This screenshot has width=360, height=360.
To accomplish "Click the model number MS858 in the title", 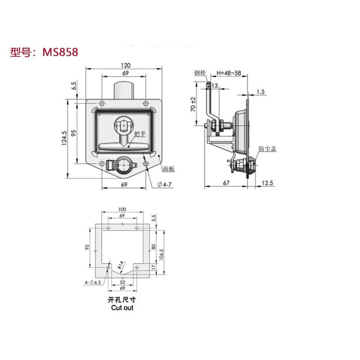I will pos(60,52).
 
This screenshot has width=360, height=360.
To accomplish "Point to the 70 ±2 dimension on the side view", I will pos(193,104).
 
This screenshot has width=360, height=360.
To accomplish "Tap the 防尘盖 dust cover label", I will pos(267,148).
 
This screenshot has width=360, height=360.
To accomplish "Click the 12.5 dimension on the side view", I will pos(267,183).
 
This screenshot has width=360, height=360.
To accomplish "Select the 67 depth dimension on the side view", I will pos(226,183).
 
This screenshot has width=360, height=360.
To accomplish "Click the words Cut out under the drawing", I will pos(122,308).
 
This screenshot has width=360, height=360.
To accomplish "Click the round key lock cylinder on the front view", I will pos(121,165).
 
